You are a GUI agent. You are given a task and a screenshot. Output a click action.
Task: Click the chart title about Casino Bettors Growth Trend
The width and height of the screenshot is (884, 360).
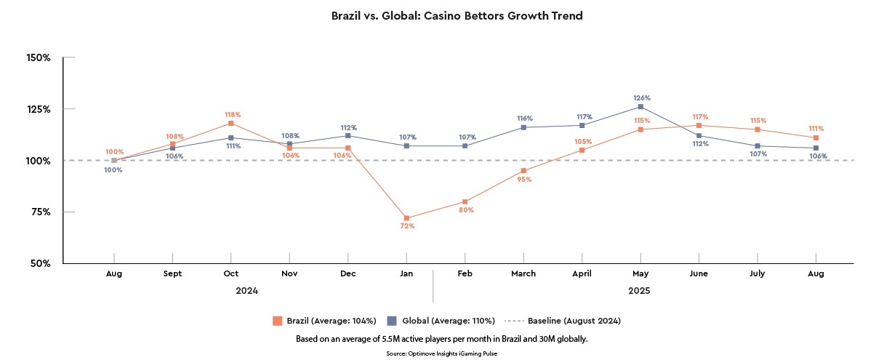(457, 15)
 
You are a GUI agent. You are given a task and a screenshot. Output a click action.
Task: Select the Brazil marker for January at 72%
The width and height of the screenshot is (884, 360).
(406, 218)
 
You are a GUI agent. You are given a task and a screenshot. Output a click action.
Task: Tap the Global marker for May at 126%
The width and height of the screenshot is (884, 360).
(640, 107)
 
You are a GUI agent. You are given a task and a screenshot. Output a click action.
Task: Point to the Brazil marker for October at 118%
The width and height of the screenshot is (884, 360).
(231, 124)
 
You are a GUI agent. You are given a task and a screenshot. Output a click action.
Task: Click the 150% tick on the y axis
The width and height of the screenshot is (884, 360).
(37, 57)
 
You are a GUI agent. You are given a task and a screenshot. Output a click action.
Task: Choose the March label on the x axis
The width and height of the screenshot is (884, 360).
(523, 273)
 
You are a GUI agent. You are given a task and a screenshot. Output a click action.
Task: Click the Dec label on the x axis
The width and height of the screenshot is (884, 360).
(348, 273)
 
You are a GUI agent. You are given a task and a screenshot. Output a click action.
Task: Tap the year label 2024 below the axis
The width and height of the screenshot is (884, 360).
(246, 291)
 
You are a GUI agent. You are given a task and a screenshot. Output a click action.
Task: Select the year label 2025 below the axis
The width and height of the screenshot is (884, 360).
(639, 291)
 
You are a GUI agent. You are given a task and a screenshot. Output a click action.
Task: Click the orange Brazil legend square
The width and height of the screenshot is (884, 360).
(277, 321)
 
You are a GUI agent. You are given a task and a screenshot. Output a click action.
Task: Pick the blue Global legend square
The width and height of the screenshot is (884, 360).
(391, 321)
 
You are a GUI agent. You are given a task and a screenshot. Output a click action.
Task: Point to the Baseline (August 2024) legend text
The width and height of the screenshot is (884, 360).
(574, 321)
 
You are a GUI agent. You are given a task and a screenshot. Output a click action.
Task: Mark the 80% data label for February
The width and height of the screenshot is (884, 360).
(466, 210)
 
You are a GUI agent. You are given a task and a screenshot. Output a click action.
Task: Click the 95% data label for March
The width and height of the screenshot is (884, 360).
(524, 179)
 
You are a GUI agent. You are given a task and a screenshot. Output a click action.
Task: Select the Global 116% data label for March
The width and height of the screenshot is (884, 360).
(525, 118)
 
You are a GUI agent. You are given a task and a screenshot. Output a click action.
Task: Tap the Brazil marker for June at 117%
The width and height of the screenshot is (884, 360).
(699, 126)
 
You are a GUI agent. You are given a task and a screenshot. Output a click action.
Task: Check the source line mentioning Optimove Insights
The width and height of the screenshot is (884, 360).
(441, 353)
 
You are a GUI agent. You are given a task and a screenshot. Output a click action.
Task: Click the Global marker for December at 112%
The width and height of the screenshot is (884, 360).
(348, 136)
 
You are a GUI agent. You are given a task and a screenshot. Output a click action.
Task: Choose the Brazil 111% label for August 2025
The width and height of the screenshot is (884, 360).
(816, 128)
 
